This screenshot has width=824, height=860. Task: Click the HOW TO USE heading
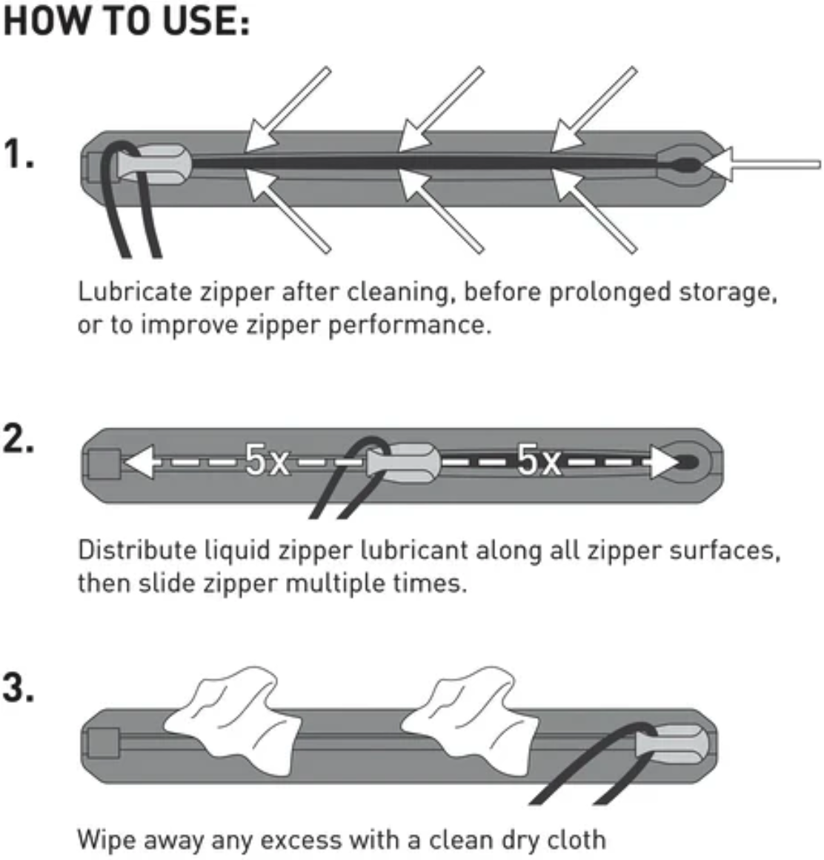point(127,21)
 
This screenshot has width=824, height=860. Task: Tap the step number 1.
point(19,154)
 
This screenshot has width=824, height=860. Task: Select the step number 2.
point(19,441)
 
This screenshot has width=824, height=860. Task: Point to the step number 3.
point(19,688)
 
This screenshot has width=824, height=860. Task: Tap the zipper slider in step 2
point(404,464)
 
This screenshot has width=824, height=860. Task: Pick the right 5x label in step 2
point(538,461)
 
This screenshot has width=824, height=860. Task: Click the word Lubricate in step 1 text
point(135,292)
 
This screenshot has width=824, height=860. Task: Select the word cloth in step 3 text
point(576,839)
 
